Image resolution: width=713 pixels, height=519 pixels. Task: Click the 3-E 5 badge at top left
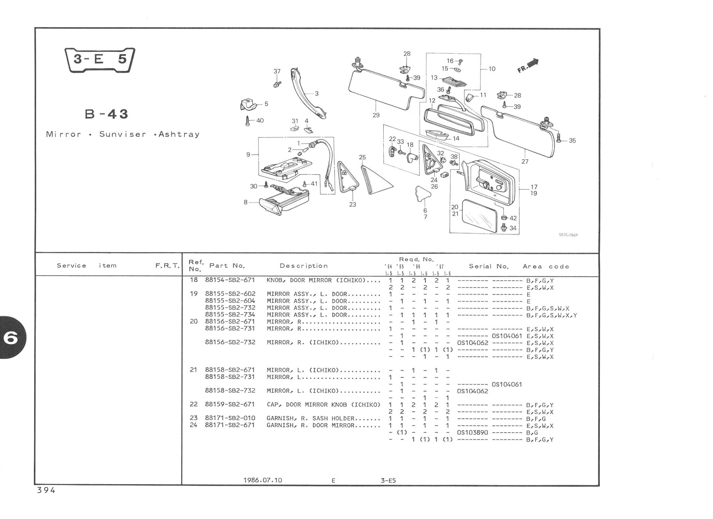coord(100,60)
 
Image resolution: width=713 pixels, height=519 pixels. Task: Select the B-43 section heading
coord(107,114)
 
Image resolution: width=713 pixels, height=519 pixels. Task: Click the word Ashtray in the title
coord(179,134)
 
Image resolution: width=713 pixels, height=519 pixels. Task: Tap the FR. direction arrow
coord(528,66)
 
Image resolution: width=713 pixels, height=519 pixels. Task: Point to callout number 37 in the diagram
coord(277,71)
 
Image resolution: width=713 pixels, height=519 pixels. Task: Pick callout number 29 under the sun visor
coord(376,115)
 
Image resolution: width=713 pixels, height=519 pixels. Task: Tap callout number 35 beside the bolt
coord(572,141)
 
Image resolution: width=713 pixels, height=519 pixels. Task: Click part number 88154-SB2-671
coord(230,280)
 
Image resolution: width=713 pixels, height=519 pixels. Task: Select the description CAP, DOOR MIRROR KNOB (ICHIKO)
coord(323,405)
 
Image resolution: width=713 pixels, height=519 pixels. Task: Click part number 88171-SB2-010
coord(230,418)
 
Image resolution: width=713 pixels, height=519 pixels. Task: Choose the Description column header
coord(304,266)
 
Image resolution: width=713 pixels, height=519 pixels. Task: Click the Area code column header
coord(546,267)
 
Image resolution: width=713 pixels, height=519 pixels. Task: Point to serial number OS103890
coord(472,433)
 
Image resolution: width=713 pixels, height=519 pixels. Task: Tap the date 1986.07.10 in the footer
coord(263,480)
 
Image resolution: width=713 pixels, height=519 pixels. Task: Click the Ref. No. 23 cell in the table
coord(194,418)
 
